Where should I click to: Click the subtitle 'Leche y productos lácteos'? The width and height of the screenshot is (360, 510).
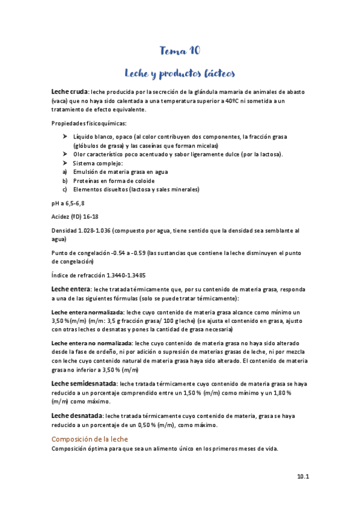point(180,73)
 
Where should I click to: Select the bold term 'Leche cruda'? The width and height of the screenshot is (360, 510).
point(70,91)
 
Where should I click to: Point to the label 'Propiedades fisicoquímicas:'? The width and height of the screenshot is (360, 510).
point(85,123)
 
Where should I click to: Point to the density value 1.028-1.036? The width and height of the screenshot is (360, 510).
point(95,230)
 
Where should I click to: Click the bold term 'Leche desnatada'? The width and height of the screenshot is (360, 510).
point(77,416)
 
